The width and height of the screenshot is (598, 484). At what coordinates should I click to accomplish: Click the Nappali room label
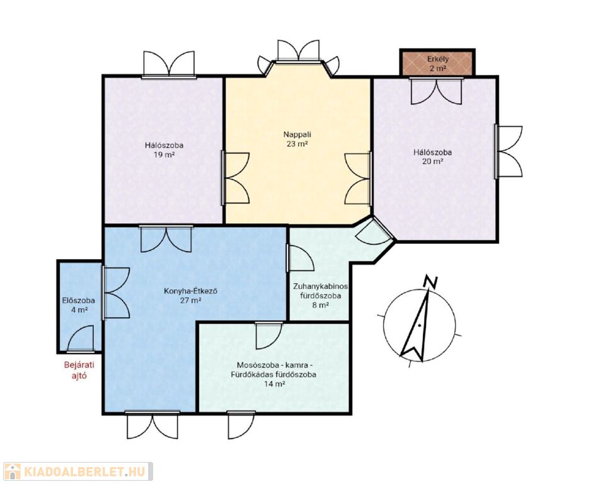297,134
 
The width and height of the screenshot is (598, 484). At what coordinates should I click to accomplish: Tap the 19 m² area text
164,154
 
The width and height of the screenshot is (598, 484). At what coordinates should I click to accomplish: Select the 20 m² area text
433,161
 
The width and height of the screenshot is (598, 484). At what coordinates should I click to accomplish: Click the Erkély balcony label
438,59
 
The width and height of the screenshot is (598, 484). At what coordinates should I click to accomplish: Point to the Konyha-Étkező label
191,291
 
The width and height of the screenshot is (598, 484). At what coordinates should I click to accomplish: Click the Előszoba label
79,301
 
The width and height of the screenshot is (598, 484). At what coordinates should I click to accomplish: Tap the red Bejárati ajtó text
79,370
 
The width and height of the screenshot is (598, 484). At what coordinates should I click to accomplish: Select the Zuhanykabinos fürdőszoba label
320,291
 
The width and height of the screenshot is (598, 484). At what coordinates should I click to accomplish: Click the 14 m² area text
275,384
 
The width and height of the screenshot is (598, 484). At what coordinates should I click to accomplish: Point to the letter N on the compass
431,282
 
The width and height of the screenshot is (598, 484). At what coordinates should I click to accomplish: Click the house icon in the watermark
12,472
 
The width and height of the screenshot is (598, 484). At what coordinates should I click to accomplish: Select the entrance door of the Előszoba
81,338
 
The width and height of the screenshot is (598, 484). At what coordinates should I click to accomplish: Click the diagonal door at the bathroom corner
374,232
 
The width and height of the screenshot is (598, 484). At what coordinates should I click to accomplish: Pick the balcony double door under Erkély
436,91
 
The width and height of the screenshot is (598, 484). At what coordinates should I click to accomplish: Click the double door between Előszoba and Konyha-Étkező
117,293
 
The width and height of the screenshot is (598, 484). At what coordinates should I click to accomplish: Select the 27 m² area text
191,301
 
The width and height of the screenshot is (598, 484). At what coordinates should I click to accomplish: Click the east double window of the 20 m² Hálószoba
509,151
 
